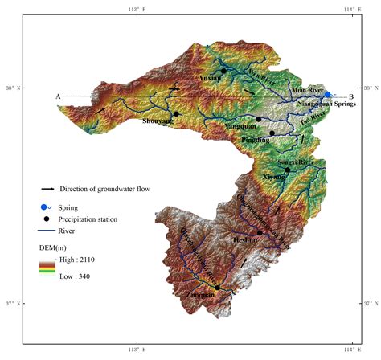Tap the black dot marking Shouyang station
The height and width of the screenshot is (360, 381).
tap(176, 114)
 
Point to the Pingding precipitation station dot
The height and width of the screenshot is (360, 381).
tap(272, 133)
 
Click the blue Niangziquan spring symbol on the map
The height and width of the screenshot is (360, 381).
tap(328, 94)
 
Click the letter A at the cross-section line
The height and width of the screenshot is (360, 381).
tap(58, 96)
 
